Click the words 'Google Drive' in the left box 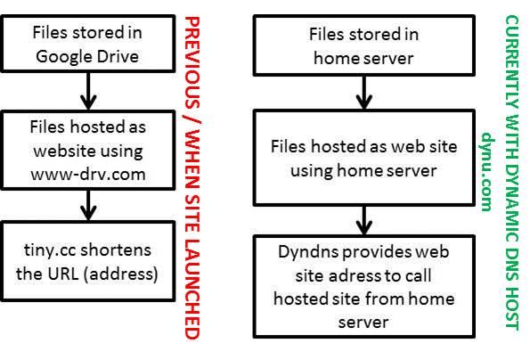coord(87,56)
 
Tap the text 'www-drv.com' coord(88,175)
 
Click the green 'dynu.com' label coord(488,171)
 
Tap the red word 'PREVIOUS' coord(192,62)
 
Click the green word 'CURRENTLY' coord(512,61)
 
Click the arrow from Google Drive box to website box coord(88,91)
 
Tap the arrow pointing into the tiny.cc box coord(88,205)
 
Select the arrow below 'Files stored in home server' coord(364,93)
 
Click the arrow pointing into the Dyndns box coord(364,220)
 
